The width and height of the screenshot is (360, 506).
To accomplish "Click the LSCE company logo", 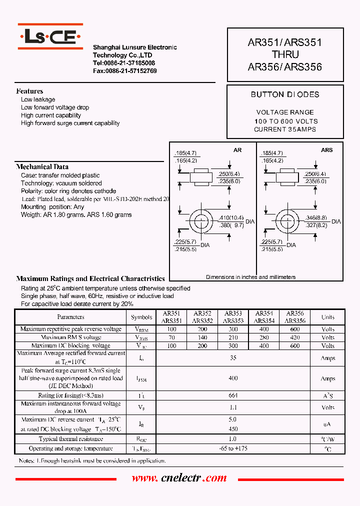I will point(50,36).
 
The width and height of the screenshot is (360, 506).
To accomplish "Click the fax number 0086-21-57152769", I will point(124,71).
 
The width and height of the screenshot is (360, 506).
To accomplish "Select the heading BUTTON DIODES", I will point(285,94).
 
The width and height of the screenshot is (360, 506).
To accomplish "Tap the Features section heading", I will point(29,91).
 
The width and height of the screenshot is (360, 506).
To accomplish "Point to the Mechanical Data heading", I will point(42,166).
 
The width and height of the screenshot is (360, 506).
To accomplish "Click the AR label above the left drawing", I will point(237,150).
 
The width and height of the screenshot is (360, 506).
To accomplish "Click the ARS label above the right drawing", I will point(326,150).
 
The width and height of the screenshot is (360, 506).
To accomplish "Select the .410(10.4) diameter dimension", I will point(231,218).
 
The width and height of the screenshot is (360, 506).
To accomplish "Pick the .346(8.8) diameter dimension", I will point(316,218).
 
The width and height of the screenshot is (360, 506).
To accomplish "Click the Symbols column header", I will point(141,317).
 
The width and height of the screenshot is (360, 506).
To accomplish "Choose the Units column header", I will point(328,317).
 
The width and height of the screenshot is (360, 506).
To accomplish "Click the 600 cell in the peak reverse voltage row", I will point(295,329).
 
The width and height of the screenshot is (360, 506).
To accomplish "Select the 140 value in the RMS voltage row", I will point(202,337).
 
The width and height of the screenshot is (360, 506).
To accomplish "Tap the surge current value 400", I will point(233,378).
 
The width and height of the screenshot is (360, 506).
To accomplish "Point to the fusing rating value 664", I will point(233,395).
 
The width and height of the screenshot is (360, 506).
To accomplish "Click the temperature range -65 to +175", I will point(233,448).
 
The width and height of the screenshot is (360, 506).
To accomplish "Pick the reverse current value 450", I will point(233,429).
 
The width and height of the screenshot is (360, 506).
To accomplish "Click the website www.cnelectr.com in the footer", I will point(179,478).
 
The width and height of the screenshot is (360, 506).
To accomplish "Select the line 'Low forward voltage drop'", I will point(55,107).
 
